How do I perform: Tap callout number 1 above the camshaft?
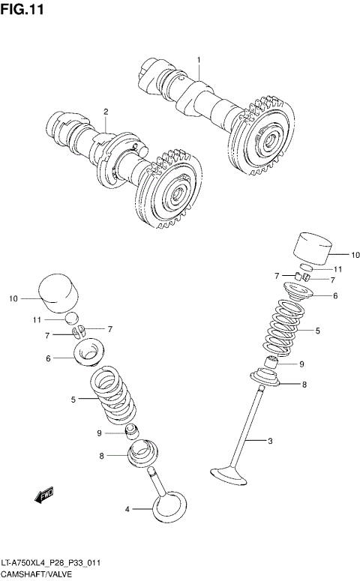(199, 60)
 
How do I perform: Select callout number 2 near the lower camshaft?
(106, 112)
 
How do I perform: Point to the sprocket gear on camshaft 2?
(169, 192)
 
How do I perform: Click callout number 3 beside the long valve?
(269, 440)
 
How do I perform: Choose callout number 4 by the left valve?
(127, 509)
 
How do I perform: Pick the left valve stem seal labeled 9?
(131, 432)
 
